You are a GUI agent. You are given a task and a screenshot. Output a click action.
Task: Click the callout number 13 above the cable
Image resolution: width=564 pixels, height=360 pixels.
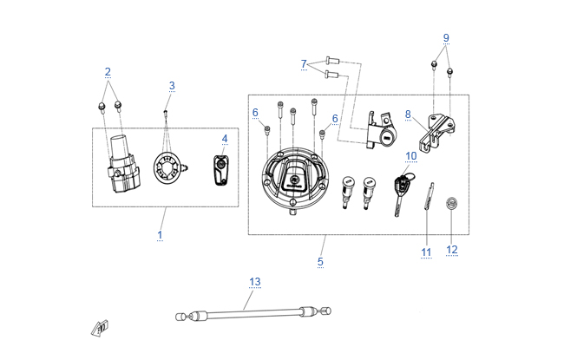pos(254,282)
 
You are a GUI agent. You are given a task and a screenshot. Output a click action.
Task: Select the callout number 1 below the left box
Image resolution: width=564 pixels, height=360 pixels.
pos(160,236)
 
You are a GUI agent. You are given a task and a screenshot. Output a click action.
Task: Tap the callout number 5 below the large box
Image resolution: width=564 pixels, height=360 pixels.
pos(320,262)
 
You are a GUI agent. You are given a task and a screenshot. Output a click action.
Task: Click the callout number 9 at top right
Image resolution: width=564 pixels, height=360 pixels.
pos(446,37)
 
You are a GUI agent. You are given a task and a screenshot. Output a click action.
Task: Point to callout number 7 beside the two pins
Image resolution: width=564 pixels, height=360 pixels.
pos(304,64)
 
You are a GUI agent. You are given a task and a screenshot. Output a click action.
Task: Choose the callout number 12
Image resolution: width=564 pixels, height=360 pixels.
pos(452,250)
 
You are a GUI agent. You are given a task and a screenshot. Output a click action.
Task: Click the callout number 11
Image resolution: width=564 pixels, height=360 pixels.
pos(426,252)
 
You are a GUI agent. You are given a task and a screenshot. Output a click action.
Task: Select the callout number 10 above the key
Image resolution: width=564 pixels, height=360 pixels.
pos(411,156)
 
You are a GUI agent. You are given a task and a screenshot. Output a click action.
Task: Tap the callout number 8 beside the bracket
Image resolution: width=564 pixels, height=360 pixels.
pos(408,115)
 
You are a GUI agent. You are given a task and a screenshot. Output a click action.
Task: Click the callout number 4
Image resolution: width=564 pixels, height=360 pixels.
pos(225,139)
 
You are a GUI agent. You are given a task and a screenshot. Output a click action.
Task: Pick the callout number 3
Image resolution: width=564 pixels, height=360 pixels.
pos(172,86)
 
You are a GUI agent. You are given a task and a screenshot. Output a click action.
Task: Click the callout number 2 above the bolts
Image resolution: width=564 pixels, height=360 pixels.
pos(108,72)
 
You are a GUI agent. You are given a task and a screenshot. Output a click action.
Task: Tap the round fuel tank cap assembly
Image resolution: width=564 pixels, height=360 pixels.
pos(295,181)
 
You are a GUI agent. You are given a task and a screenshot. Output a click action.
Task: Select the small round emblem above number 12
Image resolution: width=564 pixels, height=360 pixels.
pos(452,204)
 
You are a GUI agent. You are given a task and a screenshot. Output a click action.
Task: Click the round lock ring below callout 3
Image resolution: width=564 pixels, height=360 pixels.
pos(167,168)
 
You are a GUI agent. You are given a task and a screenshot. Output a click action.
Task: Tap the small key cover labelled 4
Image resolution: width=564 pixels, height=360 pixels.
pos(221,170)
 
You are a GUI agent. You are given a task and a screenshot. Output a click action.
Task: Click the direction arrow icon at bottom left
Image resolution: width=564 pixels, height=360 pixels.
pos(100,329)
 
